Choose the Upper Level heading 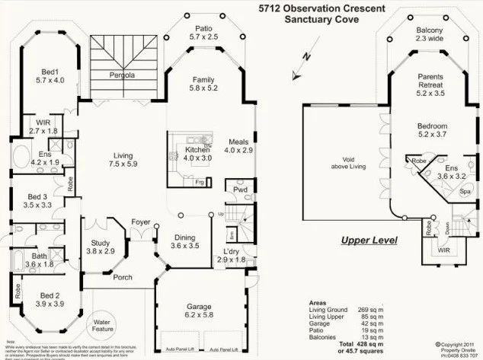pyautogui.click(x=369, y=241)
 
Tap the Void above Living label pyautogui.click(x=342, y=162)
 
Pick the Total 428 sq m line pyautogui.click(x=340, y=344)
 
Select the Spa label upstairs pyautogui.click(x=465, y=192)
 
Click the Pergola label pyautogui.click(x=120, y=75)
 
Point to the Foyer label pyautogui.click(x=139, y=222)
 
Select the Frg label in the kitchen pyautogui.click(x=199, y=183)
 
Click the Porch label pyautogui.click(x=123, y=277)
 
